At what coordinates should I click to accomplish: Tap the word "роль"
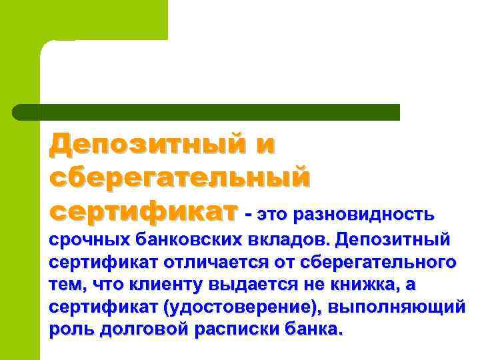(71, 330)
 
